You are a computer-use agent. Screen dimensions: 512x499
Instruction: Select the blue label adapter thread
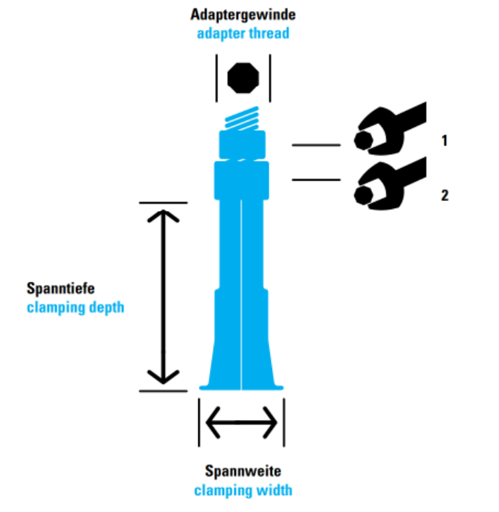[242, 32]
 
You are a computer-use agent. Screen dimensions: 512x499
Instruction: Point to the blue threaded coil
[241, 120]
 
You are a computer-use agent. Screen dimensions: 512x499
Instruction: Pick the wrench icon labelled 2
[387, 184]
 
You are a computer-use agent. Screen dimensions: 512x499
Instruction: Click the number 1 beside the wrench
[444, 141]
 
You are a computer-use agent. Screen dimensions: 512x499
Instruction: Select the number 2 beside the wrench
[444, 195]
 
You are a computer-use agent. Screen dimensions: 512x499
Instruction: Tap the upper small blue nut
[242, 144]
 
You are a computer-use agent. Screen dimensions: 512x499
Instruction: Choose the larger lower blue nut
[241, 179]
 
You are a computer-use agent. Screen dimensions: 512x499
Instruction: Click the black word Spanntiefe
[65, 287]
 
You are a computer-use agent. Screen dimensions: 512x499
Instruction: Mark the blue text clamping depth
[75, 307]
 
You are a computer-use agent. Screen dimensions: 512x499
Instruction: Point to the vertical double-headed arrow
[163, 296]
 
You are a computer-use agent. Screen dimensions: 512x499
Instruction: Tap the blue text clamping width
[243, 490]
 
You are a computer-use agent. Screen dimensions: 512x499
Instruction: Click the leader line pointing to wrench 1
[315, 145]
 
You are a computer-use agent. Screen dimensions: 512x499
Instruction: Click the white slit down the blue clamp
[241, 293]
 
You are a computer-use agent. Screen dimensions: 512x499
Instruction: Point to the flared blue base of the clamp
[241, 377]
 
